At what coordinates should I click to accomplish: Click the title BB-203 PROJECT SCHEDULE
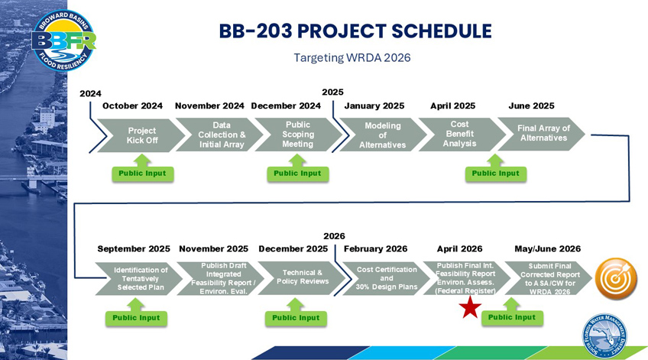tap(355, 31)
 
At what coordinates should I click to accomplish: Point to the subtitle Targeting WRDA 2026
tap(352, 58)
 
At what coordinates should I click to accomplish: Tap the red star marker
tap(470, 307)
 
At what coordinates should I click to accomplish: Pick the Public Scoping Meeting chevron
tap(298, 135)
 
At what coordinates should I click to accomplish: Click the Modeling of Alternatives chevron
tap(381, 135)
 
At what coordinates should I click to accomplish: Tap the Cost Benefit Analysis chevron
tap(460, 134)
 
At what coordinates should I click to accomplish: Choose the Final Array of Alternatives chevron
tap(542, 133)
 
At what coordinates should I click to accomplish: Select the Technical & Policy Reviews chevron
tap(301, 277)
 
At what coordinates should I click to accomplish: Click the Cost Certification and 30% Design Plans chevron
tap(385, 278)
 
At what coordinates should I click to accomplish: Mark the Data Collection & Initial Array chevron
tap(221, 135)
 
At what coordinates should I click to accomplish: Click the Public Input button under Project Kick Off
tap(143, 174)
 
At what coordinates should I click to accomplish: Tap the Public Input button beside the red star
tap(512, 317)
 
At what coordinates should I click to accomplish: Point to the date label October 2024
tap(132, 106)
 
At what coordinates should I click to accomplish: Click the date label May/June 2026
tap(547, 249)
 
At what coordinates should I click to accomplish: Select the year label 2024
tap(90, 93)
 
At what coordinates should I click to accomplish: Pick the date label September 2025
tap(134, 249)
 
